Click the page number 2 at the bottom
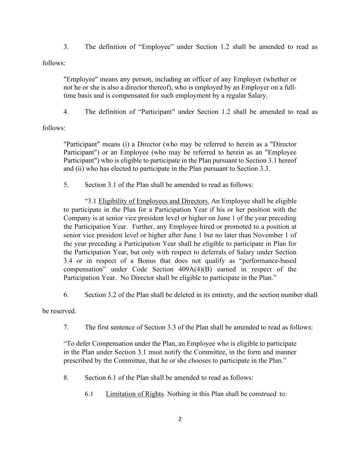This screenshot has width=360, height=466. [180, 419]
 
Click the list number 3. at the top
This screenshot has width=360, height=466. [66, 47]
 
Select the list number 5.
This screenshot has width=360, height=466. [66, 185]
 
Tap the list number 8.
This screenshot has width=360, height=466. [66, 377]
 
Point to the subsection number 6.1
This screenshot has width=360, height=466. [89, 394]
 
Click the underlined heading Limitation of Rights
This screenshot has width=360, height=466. [134, 394]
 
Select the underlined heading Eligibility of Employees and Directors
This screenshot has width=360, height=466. [154, 201]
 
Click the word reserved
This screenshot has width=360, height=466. [63, 311]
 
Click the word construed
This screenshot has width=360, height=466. [262, 394]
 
